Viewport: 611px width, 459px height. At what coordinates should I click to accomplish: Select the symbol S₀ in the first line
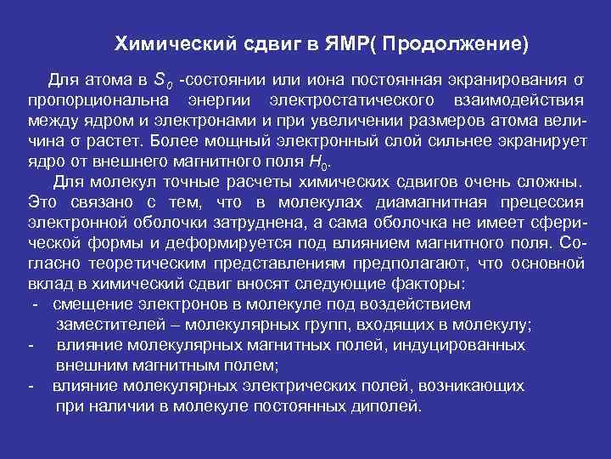click(163, 82)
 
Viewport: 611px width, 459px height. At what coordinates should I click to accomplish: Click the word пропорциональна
click(99, 102)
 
